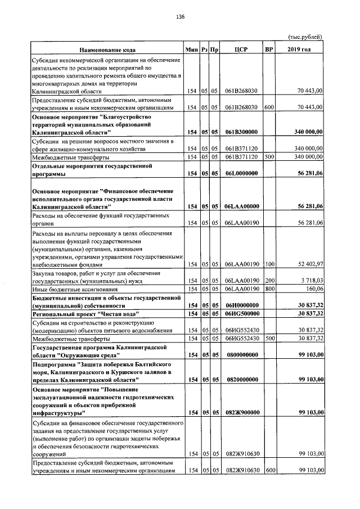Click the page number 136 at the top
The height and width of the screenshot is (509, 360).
[x=180, y=17]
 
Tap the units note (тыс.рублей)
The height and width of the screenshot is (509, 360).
[x=305, y=37]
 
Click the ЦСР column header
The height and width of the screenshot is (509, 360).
[x=241, y=49]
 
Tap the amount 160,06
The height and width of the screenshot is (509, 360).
[x=313, y=289]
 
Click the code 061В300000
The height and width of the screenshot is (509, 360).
[x=241, y=132]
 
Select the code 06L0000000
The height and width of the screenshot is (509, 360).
[x=241, y=174]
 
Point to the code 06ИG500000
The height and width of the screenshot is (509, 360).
[x=241, y=313]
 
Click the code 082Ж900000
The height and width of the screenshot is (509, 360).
[x=241, y=413]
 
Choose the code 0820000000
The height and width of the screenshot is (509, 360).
[x=241, y=380]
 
